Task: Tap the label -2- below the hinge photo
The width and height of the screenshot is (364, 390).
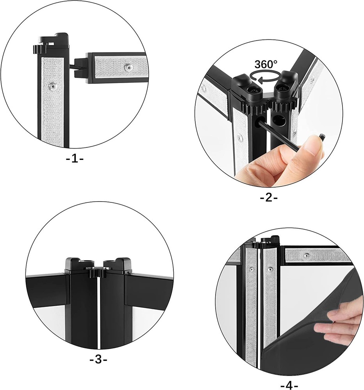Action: point(269,198)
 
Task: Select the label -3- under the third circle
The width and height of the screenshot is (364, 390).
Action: point(98,359)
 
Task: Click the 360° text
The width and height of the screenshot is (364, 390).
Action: point(266,64)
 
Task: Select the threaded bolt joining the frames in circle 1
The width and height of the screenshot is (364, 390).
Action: point(73,66)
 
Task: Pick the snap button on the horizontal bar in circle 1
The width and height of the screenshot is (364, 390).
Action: point(127,68)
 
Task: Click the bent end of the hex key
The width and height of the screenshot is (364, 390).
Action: point(323,137)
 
